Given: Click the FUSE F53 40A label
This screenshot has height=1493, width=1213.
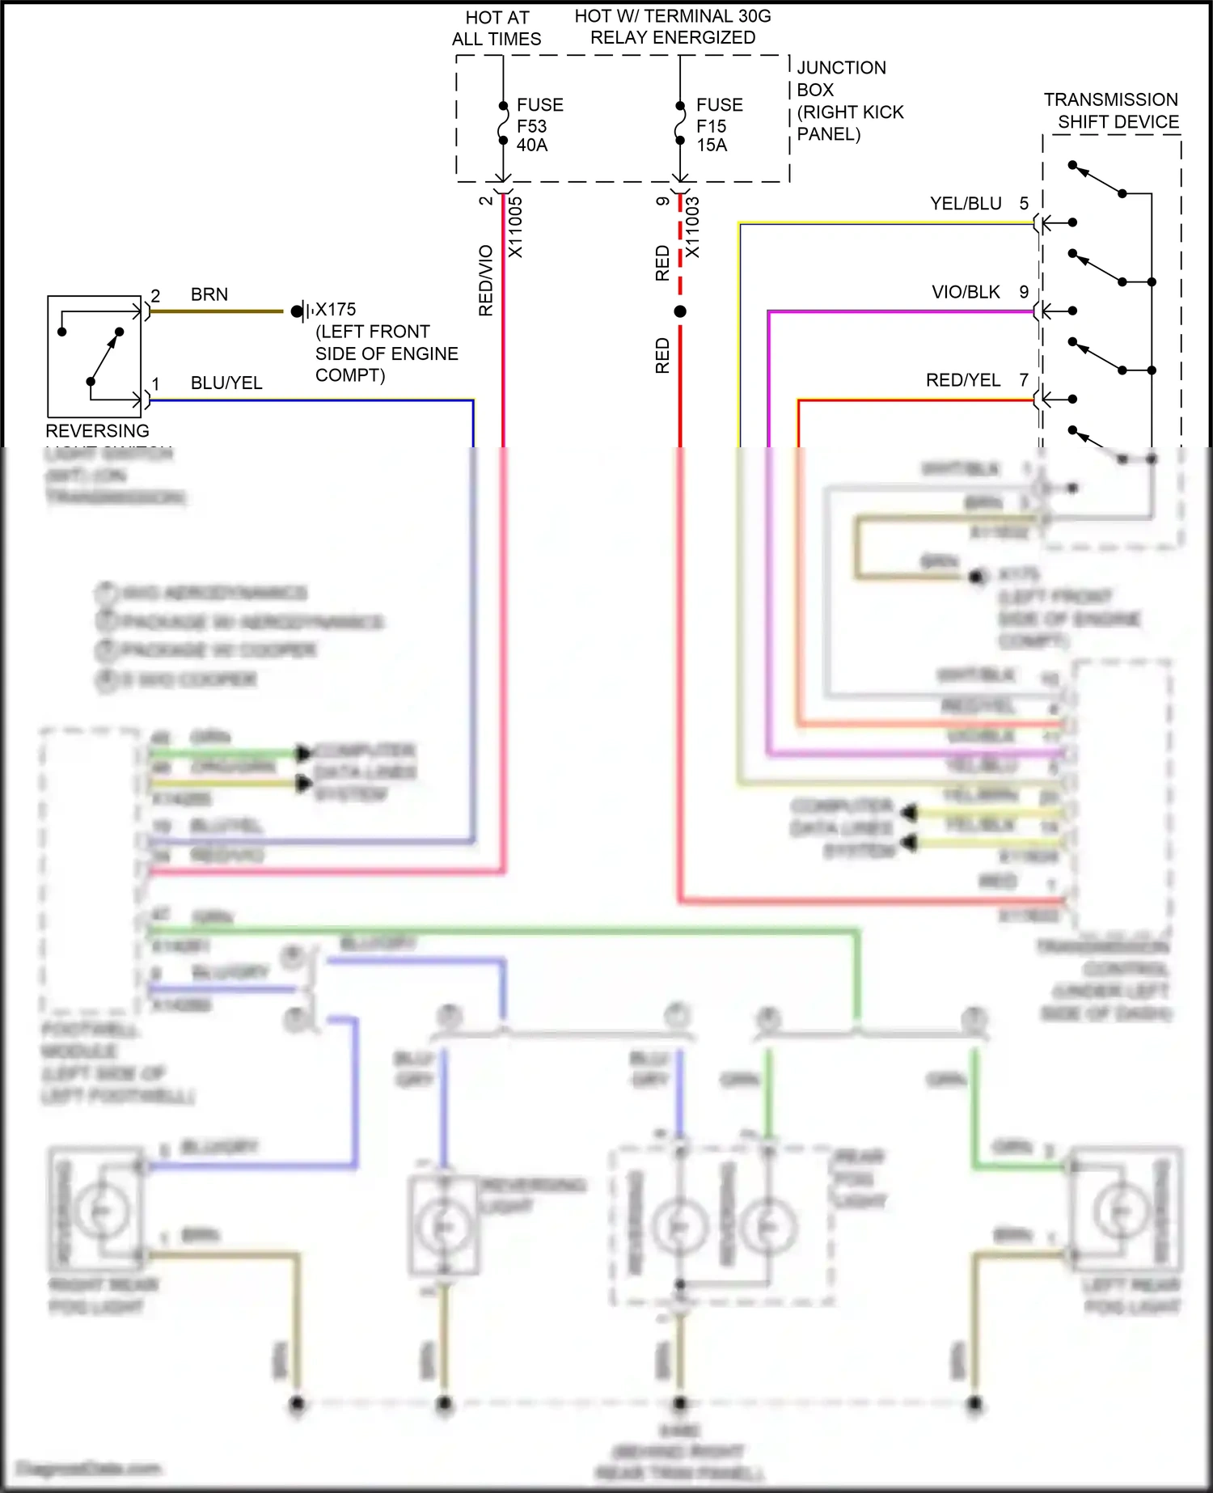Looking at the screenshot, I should tap(539, 125).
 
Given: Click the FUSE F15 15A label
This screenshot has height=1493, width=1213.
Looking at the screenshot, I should tap(718, 125).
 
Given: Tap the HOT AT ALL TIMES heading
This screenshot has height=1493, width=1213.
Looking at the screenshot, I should tap(497, 28).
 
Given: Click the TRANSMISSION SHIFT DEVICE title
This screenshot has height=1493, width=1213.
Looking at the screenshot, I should tap(1111, 111).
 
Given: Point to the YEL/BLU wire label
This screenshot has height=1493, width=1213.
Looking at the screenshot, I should tap(966, 204).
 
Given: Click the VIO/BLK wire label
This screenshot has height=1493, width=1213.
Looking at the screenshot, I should tap(966, 292).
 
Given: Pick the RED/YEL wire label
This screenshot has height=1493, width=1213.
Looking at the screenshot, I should tap(962, 380).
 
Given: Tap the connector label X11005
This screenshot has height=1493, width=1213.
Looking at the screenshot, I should tap(515, 227).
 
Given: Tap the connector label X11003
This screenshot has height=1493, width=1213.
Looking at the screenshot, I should tap(692, 227).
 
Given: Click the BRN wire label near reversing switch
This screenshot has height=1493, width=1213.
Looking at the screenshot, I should tap(209, 294).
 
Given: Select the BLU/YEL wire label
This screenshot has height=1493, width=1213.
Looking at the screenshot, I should tap(226, 383).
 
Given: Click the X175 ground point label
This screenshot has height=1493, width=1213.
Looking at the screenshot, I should tap(335, 310).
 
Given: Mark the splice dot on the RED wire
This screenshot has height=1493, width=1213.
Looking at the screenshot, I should tap(680, 311).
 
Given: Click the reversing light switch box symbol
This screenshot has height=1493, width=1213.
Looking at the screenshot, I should tap(95, 357).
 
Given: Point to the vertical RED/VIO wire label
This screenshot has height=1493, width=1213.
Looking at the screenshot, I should tap(486, 280).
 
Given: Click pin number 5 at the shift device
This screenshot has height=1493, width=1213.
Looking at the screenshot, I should tap(1024, 204).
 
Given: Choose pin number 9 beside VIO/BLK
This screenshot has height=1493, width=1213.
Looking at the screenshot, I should tap(1024, 292).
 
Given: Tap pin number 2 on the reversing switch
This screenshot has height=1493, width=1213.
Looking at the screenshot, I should tap(155, 295).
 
